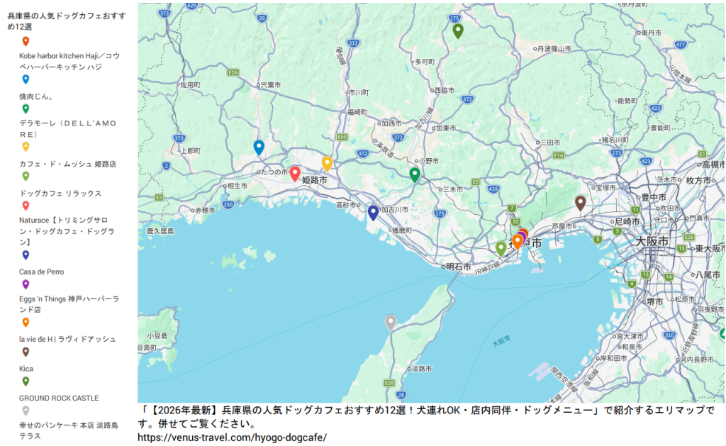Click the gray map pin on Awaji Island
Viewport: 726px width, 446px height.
390,322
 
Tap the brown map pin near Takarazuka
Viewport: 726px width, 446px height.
580,203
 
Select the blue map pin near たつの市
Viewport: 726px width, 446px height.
259,147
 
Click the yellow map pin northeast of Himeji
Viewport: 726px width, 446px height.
327,163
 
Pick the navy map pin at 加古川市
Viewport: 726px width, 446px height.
373,212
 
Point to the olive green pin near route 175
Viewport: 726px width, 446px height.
458,30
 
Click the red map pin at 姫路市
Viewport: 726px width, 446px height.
295,173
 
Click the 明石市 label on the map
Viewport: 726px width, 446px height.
458,267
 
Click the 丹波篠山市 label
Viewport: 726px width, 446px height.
554,49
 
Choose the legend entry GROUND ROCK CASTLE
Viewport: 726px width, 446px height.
59,398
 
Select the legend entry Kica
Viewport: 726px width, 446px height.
26,369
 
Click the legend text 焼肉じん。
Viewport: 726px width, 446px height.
36,96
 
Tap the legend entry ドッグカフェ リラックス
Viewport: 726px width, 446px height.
60,193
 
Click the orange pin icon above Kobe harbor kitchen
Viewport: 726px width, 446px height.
26,41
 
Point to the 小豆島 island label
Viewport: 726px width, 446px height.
157,335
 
